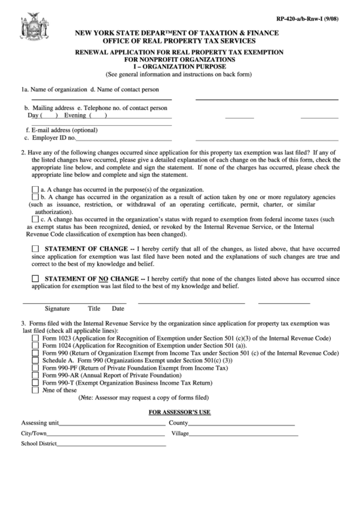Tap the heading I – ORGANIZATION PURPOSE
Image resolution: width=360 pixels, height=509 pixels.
[179, 67]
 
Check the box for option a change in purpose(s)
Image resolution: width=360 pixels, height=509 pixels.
[35, 190]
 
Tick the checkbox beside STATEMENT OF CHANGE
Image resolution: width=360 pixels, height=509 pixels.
[35, 249]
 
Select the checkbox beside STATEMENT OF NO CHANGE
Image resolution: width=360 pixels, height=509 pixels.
[35, 279]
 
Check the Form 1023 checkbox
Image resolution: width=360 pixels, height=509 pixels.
[35, 338]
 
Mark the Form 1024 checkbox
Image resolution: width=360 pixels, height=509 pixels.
[35, 346]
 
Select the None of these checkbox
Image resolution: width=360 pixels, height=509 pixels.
[35, 391]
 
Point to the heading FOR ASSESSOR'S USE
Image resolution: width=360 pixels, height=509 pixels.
[180, 413]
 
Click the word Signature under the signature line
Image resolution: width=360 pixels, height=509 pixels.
[57, 308]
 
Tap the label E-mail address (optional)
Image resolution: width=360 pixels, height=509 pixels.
[57, 129]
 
